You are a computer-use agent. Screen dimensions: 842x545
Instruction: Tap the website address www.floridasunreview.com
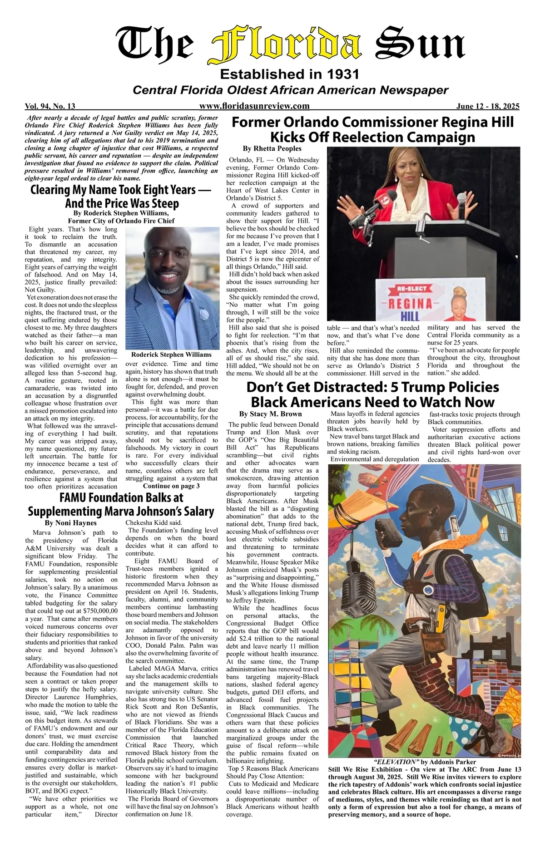(254, 106)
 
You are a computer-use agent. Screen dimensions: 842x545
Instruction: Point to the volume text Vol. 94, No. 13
(50, 107)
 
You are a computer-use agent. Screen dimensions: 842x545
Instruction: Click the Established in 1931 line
(289, 74)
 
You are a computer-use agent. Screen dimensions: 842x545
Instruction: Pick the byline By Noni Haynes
(71, 523)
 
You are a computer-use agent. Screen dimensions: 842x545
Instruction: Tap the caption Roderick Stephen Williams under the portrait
(171, 355)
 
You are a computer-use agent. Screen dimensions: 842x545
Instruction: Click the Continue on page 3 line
(171, 486)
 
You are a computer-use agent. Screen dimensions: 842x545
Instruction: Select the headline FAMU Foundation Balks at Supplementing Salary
(121, 504)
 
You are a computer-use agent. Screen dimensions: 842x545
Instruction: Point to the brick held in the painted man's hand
(392, 536)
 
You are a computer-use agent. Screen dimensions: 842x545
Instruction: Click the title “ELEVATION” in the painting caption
(394, 762)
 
